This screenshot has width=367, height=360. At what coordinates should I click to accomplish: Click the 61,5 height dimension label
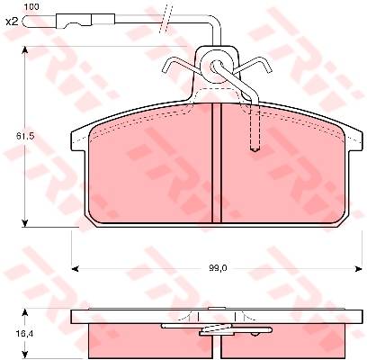[25, 136]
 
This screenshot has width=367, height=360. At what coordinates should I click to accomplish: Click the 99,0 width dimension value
[219, 268]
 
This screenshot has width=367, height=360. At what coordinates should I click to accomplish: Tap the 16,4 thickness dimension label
[25, 334]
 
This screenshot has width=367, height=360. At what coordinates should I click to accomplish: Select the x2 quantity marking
[13, 22]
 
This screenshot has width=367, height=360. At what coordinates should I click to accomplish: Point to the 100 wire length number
[31, 6]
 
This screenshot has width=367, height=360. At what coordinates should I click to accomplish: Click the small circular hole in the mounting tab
[216, 66]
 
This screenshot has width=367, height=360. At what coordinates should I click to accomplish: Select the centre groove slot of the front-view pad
[217, 163]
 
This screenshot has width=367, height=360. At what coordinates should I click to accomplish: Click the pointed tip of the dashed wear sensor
[255, 150]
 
